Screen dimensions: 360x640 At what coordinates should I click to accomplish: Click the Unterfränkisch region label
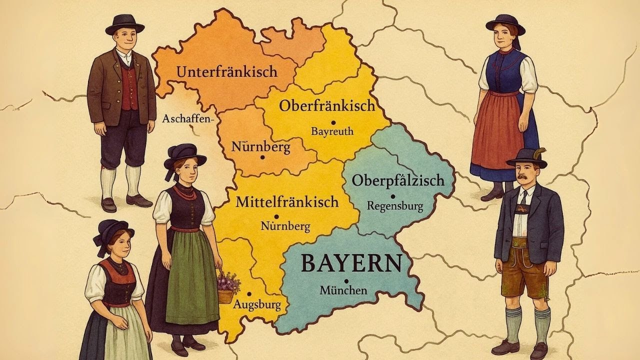pyautogui.click(x=226, y=72)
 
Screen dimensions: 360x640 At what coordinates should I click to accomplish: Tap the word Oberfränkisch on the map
pyautogui.click(x=327, y=106)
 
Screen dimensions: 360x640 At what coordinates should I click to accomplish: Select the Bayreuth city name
pyautogui.click(x=332, y=131)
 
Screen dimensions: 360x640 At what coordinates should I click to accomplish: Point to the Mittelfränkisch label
pyautogui.click(x=287, y=202)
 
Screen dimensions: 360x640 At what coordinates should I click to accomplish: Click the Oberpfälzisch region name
pyautogui.click(x=398, y=180)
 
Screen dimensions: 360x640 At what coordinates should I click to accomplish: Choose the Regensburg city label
pyautogui.click(x=395, y=205)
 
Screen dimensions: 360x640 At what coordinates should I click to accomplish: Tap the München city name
pyautogui.click(x=343, y=290)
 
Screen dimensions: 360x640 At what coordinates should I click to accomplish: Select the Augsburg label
pyautogui.click(x=257, y=304)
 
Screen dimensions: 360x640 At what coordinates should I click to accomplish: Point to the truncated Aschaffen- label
pyautogui.click(x=188, y=119)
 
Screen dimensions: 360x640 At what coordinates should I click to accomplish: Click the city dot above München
pyautogui.click(x=346, y=280)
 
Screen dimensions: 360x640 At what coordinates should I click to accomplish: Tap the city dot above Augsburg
pyautogui.click(x=248, y=294)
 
